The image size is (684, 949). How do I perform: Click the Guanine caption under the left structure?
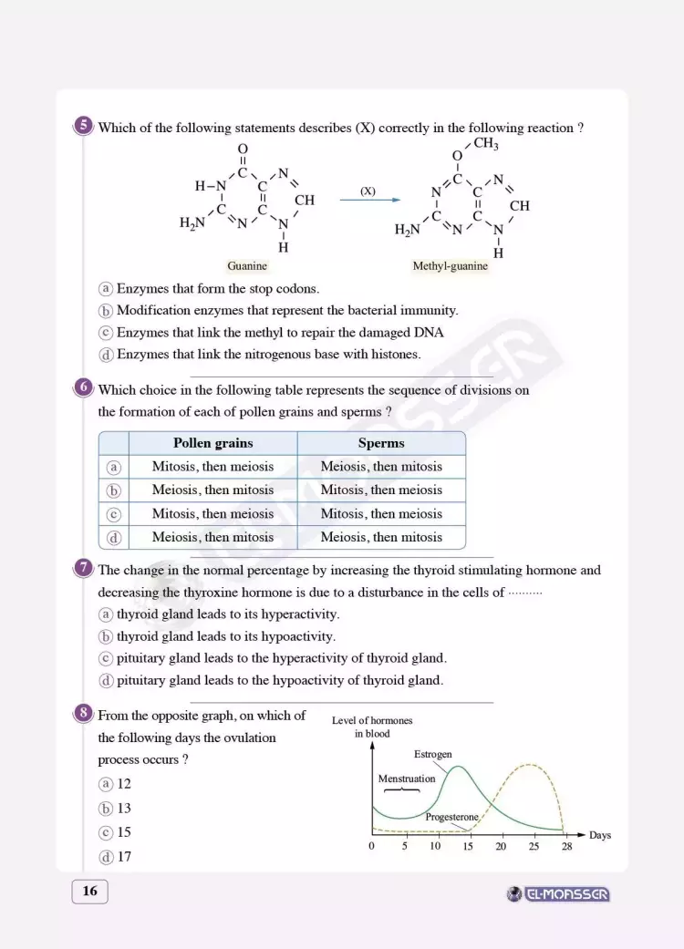[x=247, y=266]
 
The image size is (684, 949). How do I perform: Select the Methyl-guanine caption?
[x=451, y=266]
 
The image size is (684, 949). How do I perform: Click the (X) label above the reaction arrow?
[x=368, y=191]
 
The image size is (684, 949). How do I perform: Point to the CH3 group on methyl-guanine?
[x=485, y=144]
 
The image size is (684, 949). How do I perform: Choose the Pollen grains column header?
[x=212, y=443]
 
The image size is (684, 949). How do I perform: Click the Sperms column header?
[x=381, y=443]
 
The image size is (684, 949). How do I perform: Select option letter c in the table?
[x=114, y=514]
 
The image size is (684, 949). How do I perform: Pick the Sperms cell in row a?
[x=381, y=467]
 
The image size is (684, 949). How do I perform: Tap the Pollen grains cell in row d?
[x=212, y=538]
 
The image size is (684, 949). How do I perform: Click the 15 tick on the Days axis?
[x=468, y=846]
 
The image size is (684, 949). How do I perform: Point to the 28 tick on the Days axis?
[x=566, y=846]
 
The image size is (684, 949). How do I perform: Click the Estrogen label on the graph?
[x=433, y=755]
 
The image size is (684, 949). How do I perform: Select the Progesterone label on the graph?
[x=451, y=817]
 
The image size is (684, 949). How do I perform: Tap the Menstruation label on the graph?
[x=407, y=779]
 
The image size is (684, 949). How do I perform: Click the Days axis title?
[x=600, y=835]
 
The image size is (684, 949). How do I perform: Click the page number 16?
[x=89, y=892]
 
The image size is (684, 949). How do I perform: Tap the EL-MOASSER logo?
[x=559, y=894]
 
